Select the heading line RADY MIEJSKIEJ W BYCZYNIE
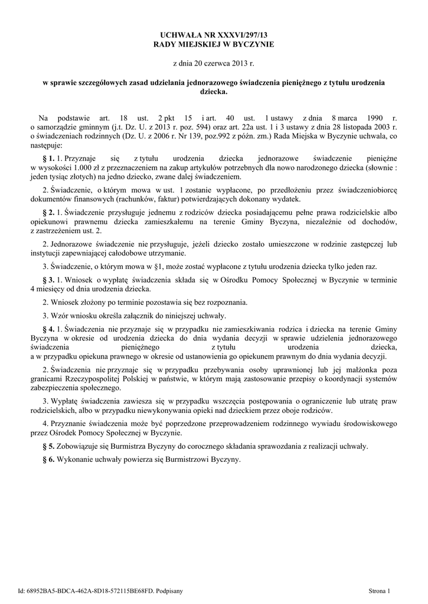click(x=214, y=45)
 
